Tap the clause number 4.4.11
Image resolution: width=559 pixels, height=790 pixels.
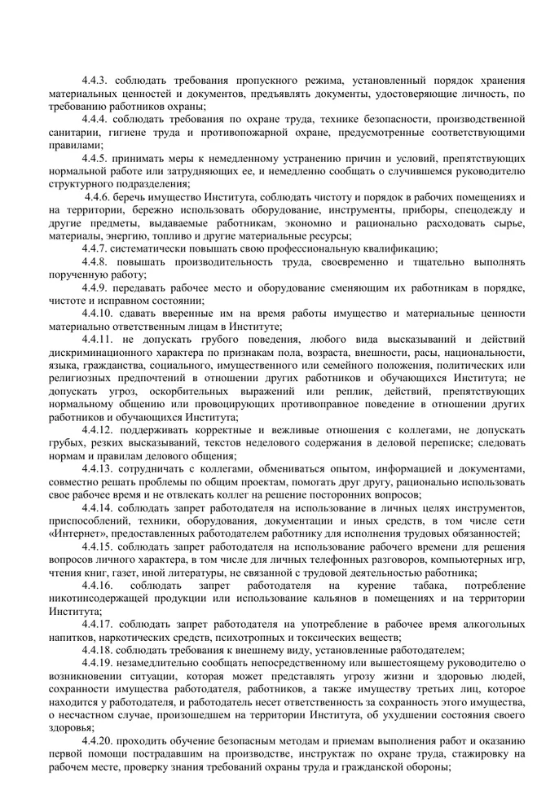[99, 338]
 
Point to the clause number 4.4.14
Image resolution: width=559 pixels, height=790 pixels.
[99, 507]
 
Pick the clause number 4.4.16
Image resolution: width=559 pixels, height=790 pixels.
[99, 586]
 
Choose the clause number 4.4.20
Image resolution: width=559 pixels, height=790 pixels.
[99, 740]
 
